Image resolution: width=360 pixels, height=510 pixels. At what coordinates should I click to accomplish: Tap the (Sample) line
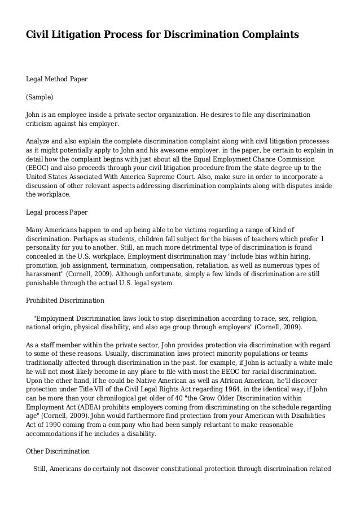[41, 97]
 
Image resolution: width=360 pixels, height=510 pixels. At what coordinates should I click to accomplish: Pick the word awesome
[192, 150]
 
